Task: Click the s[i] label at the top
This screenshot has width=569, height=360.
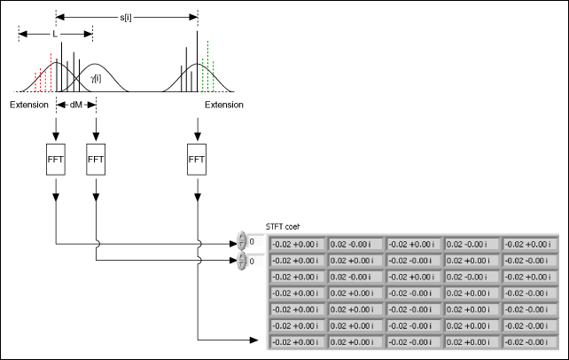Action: [126, 17]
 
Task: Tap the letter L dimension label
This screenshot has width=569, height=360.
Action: [55, 34]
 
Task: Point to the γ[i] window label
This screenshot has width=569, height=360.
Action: [96, 78]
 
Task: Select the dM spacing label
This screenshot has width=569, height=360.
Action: [76, 105]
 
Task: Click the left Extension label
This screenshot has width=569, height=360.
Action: [29, 105]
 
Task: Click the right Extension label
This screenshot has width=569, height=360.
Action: [224, 105]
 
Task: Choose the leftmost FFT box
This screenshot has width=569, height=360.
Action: [56, 160]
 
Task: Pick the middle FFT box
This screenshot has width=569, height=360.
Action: [96, 160]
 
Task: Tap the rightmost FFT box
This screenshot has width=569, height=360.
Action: [197, 160]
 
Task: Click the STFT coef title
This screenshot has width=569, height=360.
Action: [283, 227]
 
